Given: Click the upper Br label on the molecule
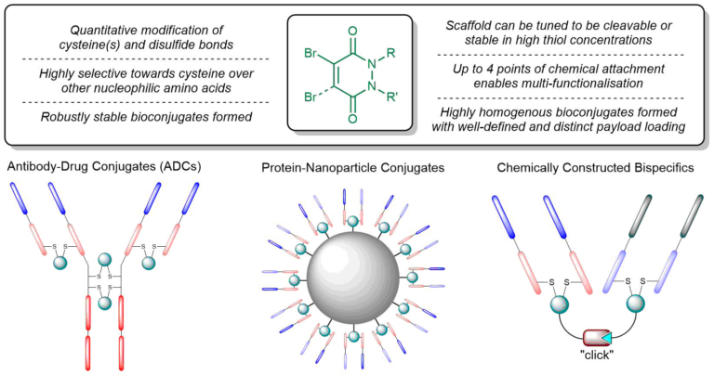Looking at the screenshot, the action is coord(311,54).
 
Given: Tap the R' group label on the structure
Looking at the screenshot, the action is coord(391,97).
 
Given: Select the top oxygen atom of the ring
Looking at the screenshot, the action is coord(352,32).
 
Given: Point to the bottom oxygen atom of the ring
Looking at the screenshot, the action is coord(352,119).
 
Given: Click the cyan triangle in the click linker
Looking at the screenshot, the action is coord(606,337).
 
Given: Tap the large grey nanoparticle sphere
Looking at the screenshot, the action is coord(353,278).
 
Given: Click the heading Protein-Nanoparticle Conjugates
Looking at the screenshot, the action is coord(353,168).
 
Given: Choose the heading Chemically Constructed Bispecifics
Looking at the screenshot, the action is coord(596,168).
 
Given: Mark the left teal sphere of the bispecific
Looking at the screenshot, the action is coord(560,304).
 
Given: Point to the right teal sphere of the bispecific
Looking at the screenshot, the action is coord(636,304).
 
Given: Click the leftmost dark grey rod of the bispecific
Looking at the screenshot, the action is coord(640,216).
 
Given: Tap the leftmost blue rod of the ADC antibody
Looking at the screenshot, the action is coord(20,199).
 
